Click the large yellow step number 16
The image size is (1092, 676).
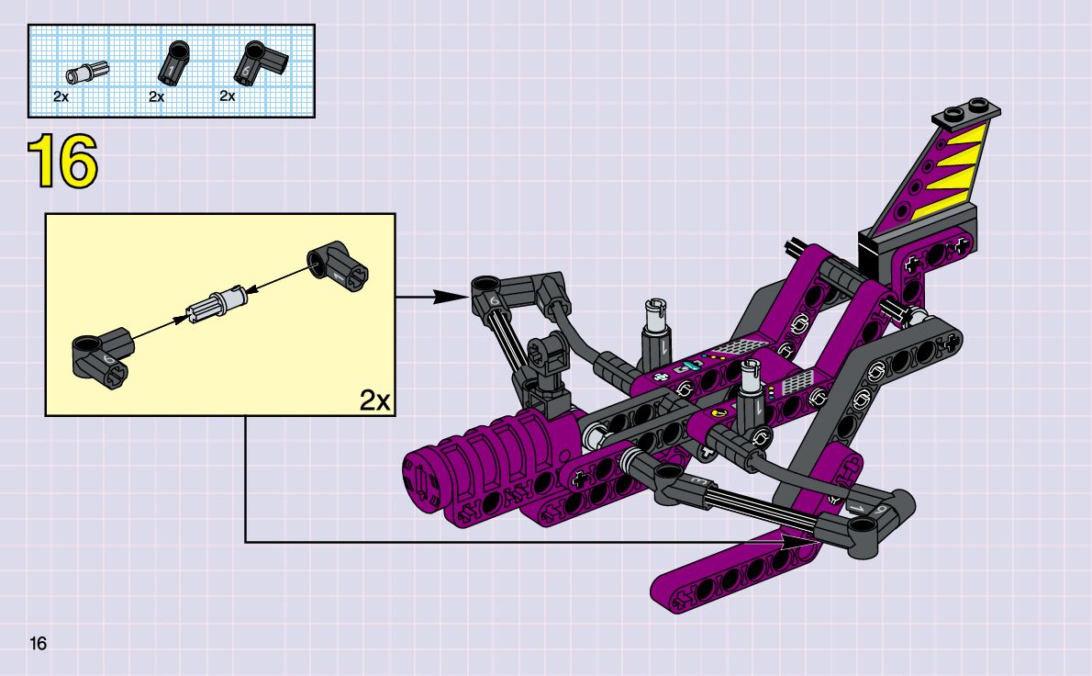62,162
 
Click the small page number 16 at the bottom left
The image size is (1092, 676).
38,643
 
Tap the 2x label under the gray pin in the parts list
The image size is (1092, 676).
61,96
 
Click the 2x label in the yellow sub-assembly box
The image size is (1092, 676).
374,400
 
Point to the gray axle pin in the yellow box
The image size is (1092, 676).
216,303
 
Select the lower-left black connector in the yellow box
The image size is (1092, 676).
103,357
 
